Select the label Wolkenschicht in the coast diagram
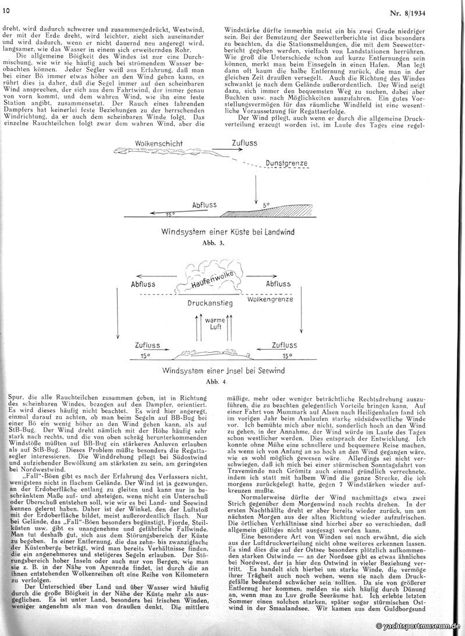pos(159,143)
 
